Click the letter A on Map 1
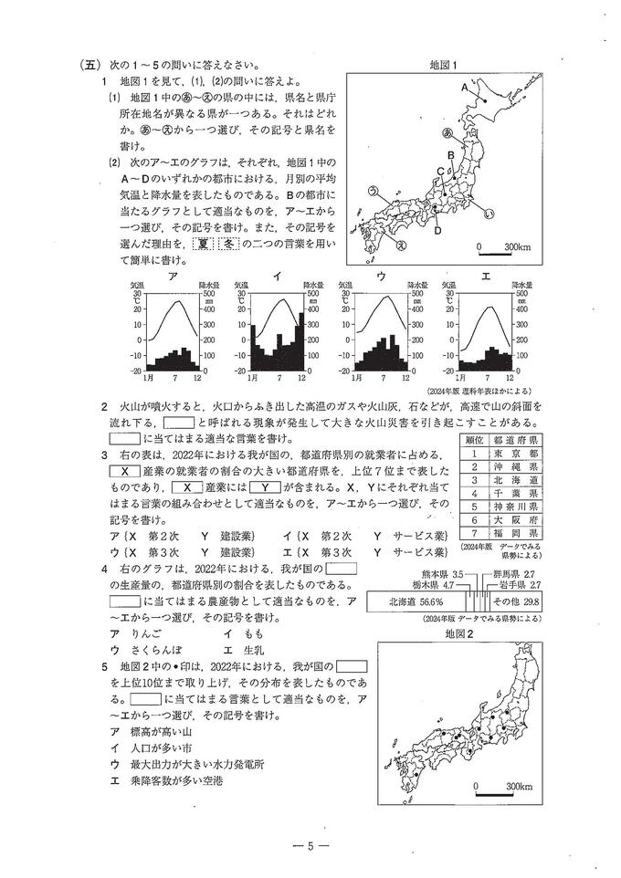465,88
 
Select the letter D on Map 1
437,231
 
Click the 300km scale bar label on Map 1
518,247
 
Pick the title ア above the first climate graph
173,277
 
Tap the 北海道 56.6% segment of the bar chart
416,601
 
